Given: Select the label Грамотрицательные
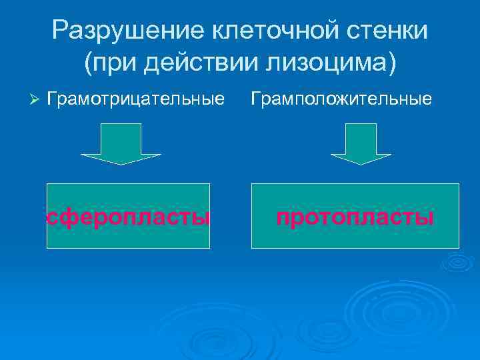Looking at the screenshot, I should point(136,99).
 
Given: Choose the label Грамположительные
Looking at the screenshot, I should point(341,99).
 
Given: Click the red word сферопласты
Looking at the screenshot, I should point(129,217).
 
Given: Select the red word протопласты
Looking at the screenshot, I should point(355,217).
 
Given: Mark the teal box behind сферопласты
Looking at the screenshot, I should point(129,237).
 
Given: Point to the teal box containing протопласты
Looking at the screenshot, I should point(355,237).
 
